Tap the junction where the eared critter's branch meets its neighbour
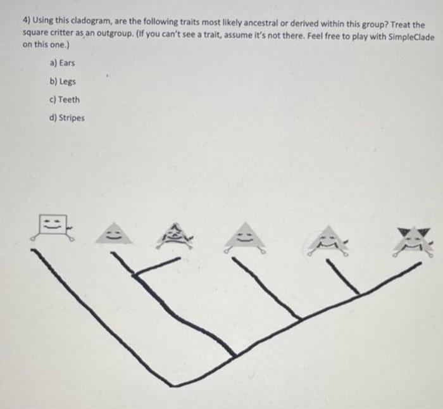tap(357, 294)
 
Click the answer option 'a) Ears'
tap(61, 63)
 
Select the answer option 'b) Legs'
tap(61, 82)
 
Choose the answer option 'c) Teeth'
tap(64, 99)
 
